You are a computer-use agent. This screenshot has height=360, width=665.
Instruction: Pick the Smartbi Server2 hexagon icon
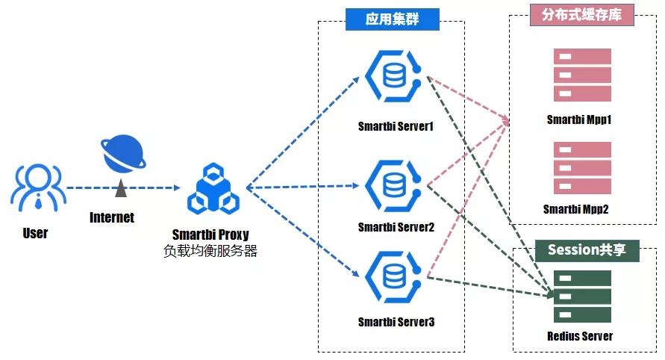(395, 181)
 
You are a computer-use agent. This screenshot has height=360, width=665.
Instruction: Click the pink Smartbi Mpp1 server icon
(582, 75)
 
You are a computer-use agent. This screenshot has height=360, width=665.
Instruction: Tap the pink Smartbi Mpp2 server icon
(582, 167)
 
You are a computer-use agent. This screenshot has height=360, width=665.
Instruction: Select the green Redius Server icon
(582, 297)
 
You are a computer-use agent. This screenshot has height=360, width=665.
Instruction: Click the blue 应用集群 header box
(392, 19)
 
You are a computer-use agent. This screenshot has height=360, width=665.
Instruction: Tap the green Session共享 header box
(587, 250)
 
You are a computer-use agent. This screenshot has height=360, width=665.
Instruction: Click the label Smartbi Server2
(396, 227)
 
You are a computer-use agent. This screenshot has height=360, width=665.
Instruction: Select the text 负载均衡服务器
(210, 251)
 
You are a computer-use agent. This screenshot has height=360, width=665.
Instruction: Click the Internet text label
(112, 217)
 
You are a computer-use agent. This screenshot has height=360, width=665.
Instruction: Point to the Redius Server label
(580, 336)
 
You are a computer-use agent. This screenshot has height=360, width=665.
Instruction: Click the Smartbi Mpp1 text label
(579, 120)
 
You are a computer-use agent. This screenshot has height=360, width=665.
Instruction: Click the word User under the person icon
(35, 233)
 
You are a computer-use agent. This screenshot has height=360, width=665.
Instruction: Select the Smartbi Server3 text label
(396, 323)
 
